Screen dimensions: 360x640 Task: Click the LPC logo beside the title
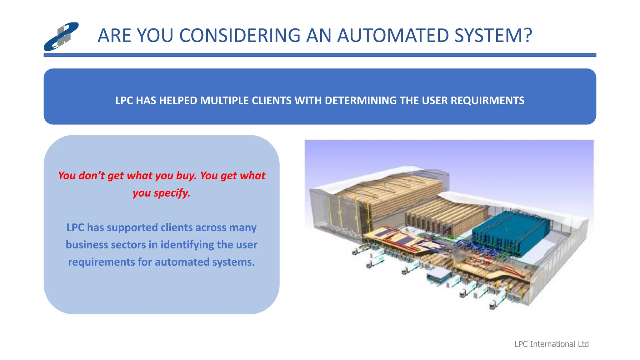[x=61, y=37]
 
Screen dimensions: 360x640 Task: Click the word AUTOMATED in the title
[x=393, y=35]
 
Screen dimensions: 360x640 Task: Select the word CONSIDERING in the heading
[x=240, y=35]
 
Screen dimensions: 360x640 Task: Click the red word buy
[x=186, y=176]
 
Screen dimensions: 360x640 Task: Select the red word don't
[x=92, y=176]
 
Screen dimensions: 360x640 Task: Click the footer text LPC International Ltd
[x=551, y=344]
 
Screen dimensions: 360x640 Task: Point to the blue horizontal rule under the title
[x=320, y=55]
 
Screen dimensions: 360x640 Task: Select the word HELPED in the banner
[x=178, y=101]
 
